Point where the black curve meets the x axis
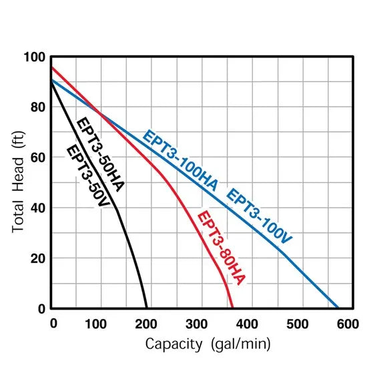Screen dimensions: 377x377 [x=147, y=308]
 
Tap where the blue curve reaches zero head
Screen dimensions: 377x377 [x=338, y=308]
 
